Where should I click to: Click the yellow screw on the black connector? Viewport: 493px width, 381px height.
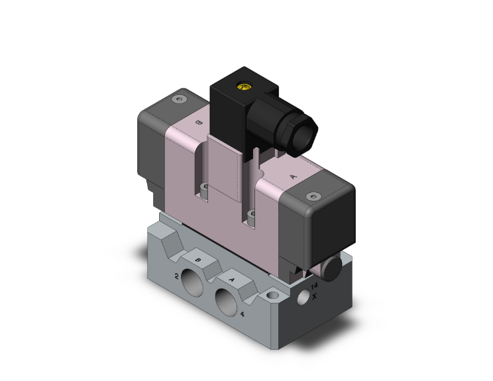(x=243, y=85)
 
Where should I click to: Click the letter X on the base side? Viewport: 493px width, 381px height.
(x=315, y=295)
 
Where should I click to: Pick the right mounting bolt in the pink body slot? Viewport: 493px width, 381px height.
(x=251, y=215)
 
